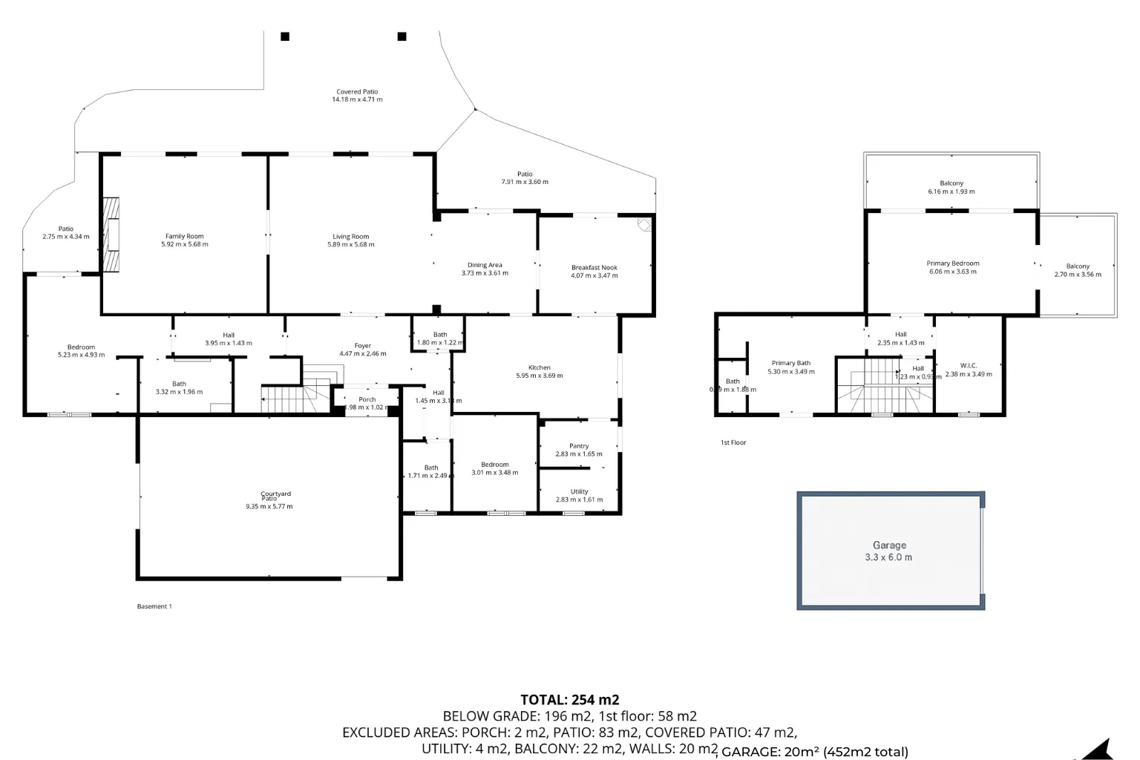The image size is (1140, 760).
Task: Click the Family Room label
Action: pos(184,236)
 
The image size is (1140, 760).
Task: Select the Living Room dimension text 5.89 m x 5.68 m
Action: pos(350,244)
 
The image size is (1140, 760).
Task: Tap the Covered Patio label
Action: pos(357,92)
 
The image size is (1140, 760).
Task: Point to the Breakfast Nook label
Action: pos(594,267)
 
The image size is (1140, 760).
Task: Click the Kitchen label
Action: pos(539,367)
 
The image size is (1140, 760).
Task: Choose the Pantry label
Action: pos(579,446)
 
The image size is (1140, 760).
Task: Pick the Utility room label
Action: pos(579,491)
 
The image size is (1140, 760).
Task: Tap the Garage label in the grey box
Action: pos(889,545)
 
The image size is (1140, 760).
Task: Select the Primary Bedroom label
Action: pos(952,263)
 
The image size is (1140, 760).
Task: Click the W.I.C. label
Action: pos(968,365)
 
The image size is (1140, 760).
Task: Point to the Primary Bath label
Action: pos(790,363)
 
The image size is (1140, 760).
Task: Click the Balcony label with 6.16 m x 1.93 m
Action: pos(951,183)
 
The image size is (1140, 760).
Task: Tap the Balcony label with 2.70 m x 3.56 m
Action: pos(1078,266)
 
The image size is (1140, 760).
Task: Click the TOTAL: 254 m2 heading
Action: pos(569,699)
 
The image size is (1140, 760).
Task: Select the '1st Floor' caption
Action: pos(733,442)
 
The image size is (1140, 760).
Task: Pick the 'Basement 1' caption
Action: pos(154,606)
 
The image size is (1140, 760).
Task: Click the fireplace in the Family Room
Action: pos(111,235)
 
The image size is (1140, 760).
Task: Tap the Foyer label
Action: pos(362,346)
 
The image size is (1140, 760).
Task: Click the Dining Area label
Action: pos(485,265)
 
